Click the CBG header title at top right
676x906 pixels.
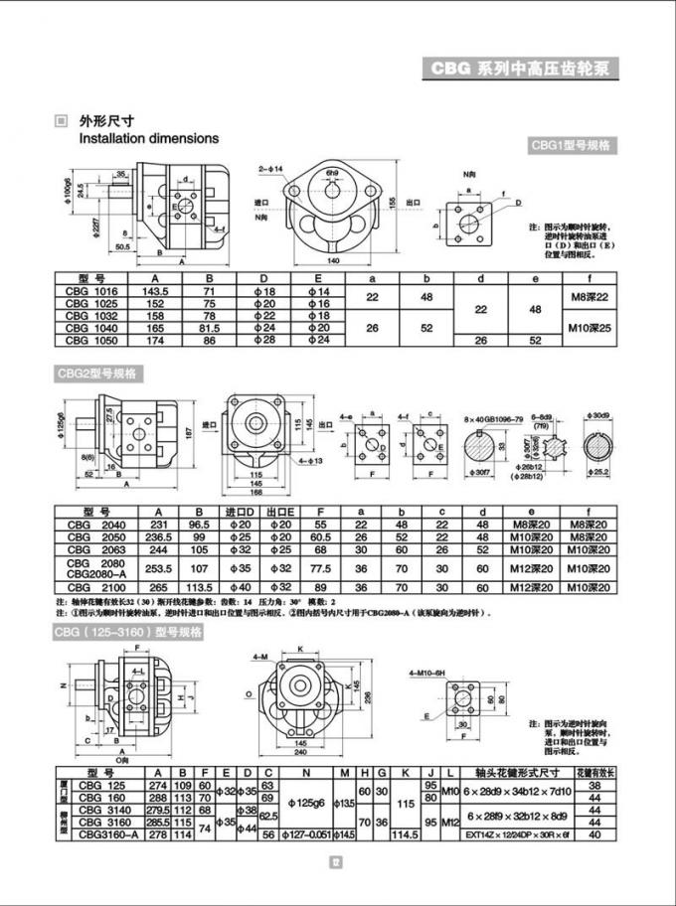point(524,70)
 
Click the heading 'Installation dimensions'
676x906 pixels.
point(149,139)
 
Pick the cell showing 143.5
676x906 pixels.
point(156,291)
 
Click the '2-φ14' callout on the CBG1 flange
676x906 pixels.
point(270,170)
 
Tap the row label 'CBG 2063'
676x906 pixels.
point(90,549)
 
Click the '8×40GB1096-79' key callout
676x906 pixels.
point(494,422)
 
